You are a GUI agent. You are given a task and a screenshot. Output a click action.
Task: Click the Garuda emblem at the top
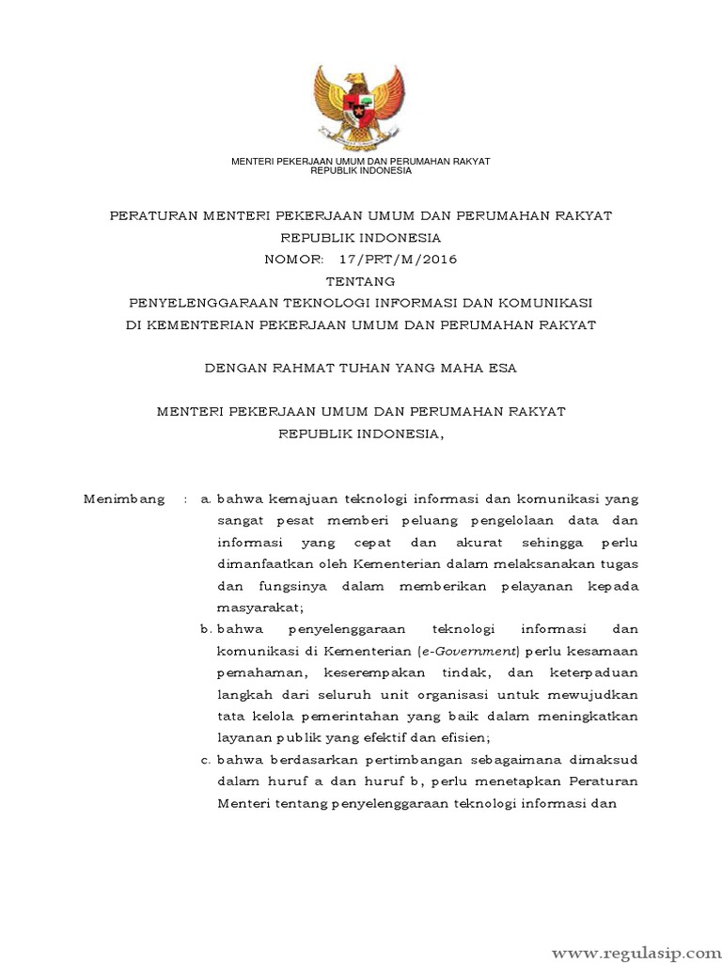(x=361, y=103)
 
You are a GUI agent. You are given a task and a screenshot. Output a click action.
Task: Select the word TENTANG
(x=361, y=281)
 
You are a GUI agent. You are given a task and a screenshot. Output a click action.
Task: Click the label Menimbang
(x=124, y=498)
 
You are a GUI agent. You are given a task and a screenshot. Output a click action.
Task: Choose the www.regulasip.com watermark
(x=643, y=939)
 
